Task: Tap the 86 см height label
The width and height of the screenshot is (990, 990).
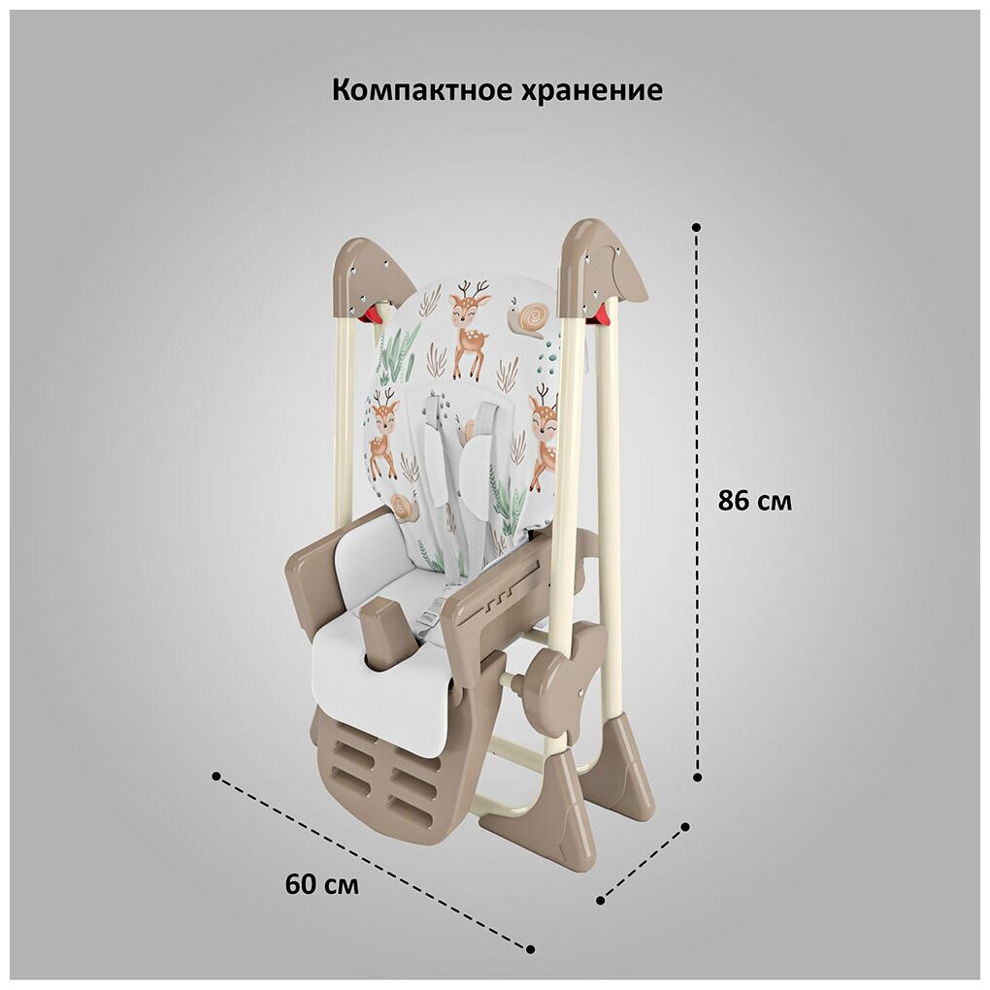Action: (754, 502)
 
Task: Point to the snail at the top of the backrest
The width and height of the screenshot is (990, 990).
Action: (531, 317)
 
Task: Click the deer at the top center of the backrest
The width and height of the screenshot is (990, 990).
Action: (471, 330)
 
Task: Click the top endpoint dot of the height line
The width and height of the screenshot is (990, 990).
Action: (696, 226)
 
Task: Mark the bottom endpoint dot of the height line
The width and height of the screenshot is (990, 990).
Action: (697, 776)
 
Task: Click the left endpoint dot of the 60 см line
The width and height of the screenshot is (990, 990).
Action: (215, 775)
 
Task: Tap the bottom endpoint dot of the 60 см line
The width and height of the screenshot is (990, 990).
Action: (531, 948)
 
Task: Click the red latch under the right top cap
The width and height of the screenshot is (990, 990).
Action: (602, 313)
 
